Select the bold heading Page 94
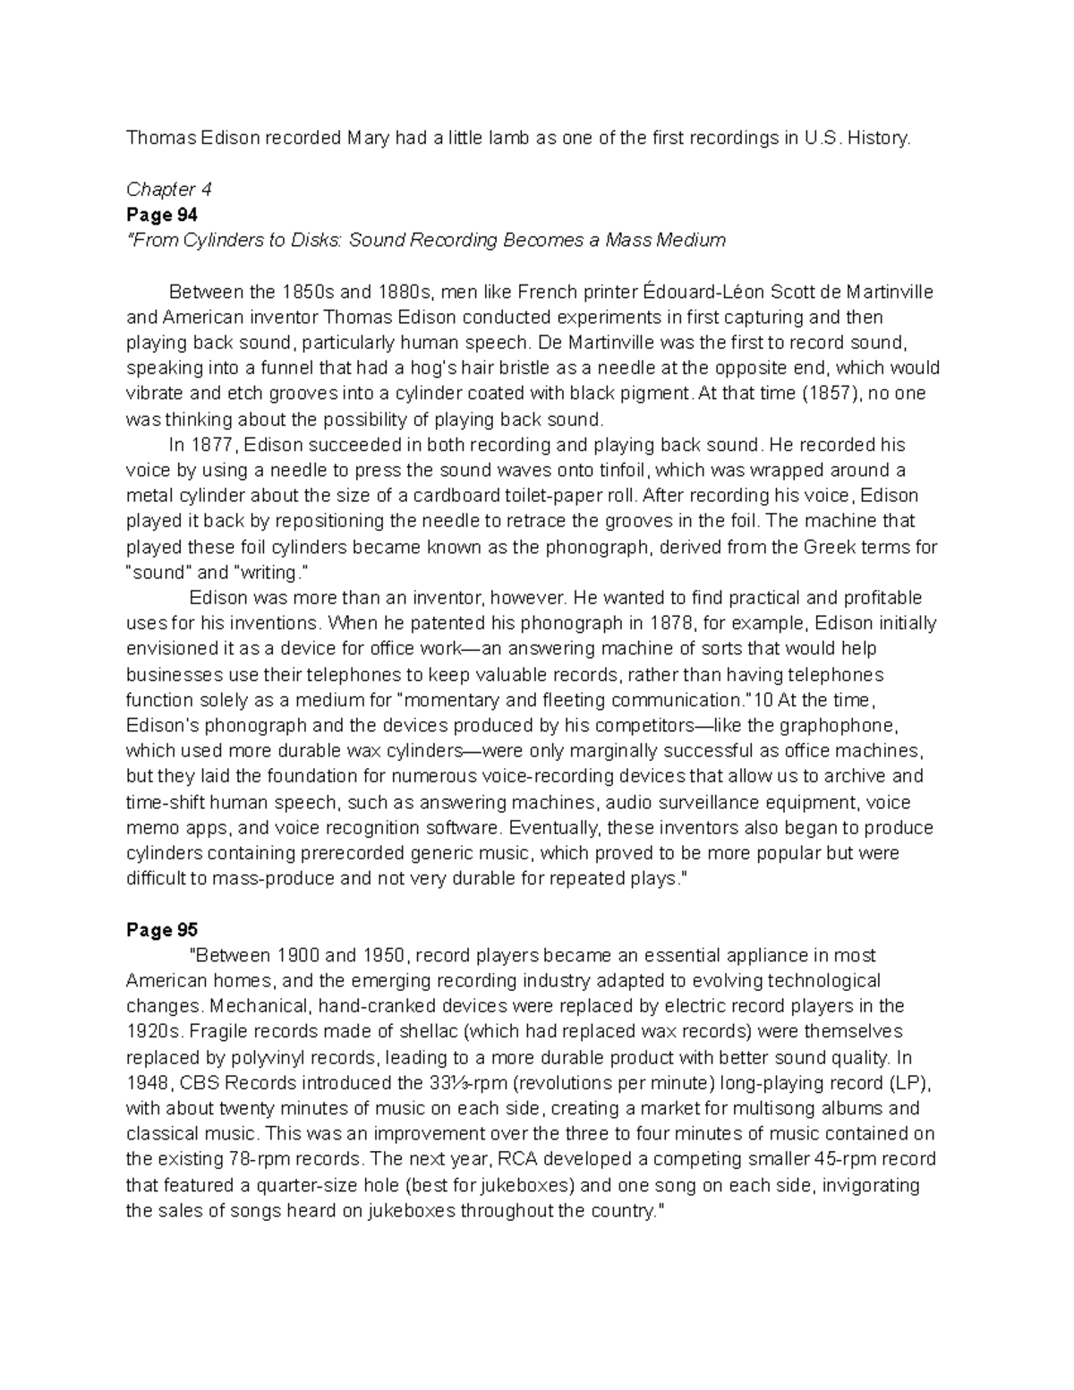162,215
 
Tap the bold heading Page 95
162,930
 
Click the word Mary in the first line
369,138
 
